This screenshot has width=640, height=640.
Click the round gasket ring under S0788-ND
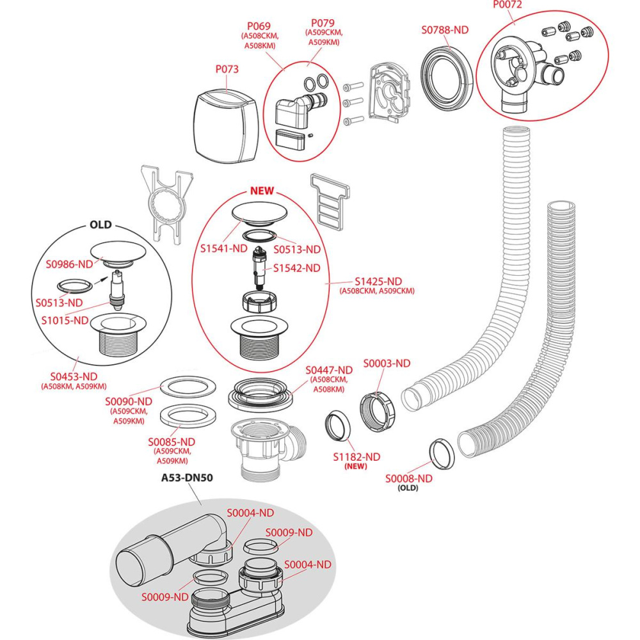447,77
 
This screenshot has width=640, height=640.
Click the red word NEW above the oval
261,191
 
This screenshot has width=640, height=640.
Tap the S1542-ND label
296,268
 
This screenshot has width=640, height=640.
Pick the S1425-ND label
378,282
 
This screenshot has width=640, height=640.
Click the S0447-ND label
329,370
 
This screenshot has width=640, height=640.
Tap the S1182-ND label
356,456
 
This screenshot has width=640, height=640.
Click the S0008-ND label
408,478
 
